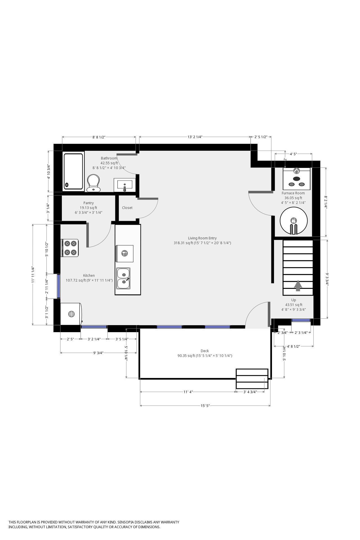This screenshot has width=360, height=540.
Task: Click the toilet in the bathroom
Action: [x=93, y=183]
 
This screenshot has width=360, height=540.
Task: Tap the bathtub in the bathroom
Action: [x=73, y=171]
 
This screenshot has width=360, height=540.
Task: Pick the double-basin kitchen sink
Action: [x=123, y=278]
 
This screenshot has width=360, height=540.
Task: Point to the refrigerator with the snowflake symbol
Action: [x=71, y=314]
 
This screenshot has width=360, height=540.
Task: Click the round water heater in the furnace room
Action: [x=293, y=220]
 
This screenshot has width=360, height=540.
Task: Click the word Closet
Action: [x=127, y=208]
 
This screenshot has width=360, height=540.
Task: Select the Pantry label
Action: [x=89, y=203]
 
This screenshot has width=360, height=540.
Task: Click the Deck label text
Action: [x=205, y=351]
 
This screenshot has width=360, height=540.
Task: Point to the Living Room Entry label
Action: [x=202, y=238]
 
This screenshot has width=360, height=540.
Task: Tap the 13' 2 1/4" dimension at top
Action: [x=195, y=137]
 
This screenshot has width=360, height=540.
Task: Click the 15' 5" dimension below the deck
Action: [x=205, y=406]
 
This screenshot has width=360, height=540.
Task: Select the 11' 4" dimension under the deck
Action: [x=188, y=391]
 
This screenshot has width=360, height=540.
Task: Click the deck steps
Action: [x=252, y=379]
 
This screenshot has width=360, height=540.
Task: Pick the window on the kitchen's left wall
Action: [x=58, y=286]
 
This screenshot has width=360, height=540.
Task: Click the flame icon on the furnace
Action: [x=296, y=170]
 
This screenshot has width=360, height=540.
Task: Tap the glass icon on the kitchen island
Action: [x=124, y=253]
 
